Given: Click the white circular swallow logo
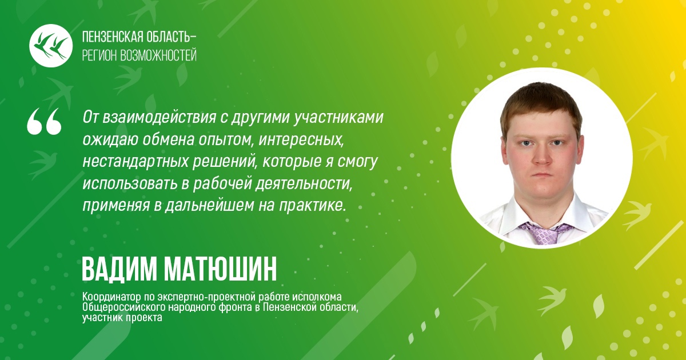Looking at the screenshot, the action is pyautogui.click(x=51, y=46).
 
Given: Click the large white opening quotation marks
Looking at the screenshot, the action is pyautogui.click(x=44, y=121).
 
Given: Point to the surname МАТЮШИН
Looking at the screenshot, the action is pyautogui.click(x=220, y=269).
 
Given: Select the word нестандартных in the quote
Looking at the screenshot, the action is pyautogui.click(x=135, y=162).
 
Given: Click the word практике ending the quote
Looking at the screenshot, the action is pyautogui.click(x=312, y=206).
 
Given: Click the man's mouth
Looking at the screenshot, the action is pyautogui.click(x=542, y=175).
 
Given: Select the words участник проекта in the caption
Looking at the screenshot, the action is pyautogui.click(x=122, y=318).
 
